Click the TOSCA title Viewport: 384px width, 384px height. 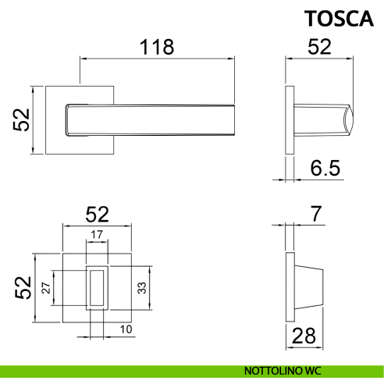(x=339, y=19)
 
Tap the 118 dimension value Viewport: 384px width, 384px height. (x=157, y=47)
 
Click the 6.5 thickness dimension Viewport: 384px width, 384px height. (x=325, y=168)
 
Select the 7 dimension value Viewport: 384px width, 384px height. (x=316, y=214)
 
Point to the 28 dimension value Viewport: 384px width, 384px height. (x=304, y=336)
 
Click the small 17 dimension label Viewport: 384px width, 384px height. (x=97, y=235)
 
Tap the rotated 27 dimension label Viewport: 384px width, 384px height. (x=46, y=288)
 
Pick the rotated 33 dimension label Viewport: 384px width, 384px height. (x=142, y=288)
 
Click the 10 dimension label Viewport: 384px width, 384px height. (x=126, y=329)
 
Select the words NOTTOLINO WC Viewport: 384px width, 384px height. (x=283, y=371)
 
